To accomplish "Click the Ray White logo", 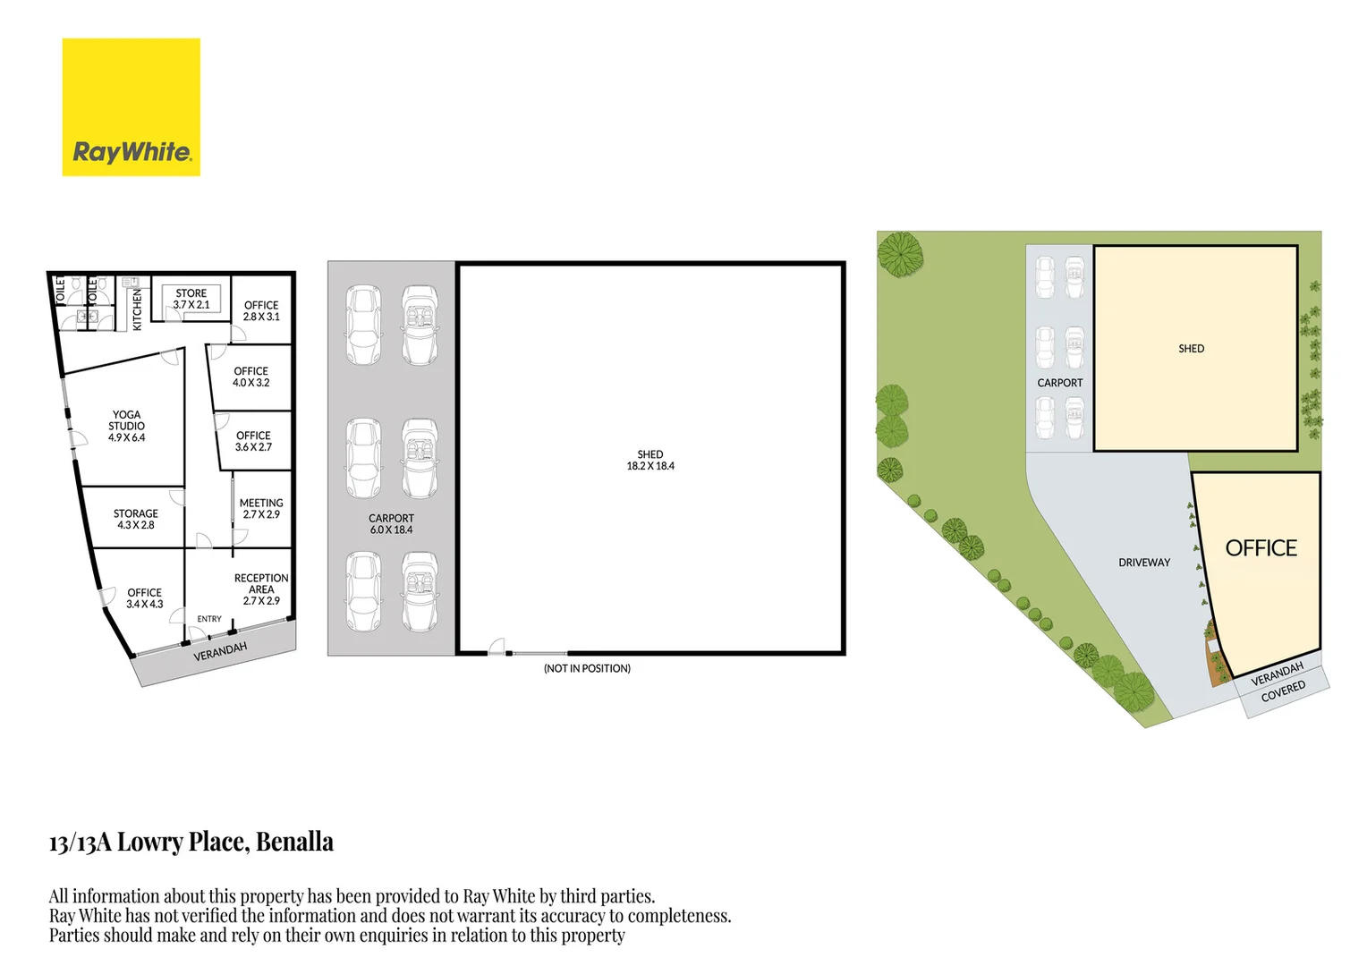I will [131, 107].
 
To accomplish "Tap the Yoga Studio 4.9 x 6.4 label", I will [126, 427].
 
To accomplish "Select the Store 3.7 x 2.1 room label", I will [191, 299].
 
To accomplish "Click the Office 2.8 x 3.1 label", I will [261, 310].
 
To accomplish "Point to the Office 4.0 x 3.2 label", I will [250, 377].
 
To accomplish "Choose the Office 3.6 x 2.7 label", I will [253, 441].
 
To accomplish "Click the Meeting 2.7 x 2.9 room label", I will [261, 509].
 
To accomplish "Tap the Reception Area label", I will [261, 589].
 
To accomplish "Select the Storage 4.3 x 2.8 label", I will [135, 520].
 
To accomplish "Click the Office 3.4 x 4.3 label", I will [144, 598].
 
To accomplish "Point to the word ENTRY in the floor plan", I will [209, 619].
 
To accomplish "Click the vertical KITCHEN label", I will [138, 309].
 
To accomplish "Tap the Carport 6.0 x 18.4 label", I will [391, 524].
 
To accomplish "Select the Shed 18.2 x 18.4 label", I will [650, 460].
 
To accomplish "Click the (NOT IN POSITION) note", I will [587, 668].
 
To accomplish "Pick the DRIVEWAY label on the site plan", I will [1143, 563].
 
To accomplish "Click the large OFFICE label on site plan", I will [1261, 548].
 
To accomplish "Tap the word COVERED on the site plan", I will [1283, 691].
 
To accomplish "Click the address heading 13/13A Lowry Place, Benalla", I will [191, 843].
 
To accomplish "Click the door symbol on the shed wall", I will [496, 648].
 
